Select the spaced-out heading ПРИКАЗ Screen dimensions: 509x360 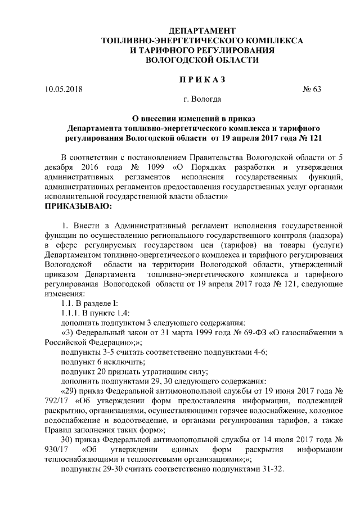click(x=202, y=79)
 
